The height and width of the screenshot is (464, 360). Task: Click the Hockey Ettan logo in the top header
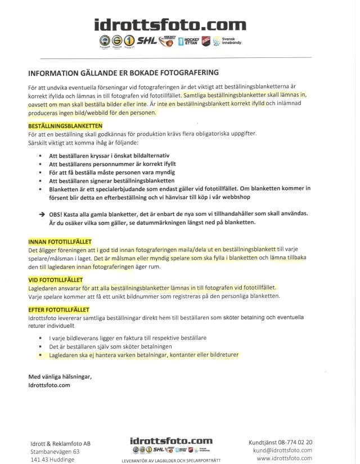tap(188, 42)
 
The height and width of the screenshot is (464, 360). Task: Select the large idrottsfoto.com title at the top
tap(170, 25)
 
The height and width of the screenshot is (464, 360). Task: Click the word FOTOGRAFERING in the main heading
tap(183, 73)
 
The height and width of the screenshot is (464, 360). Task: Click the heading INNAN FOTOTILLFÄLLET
tap(60, 242)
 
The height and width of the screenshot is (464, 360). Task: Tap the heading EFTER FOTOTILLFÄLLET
tap(58, 309)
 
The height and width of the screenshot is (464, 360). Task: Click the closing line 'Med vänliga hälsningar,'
tap(59, 376)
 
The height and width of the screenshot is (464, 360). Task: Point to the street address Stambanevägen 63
tap(55, 452)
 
